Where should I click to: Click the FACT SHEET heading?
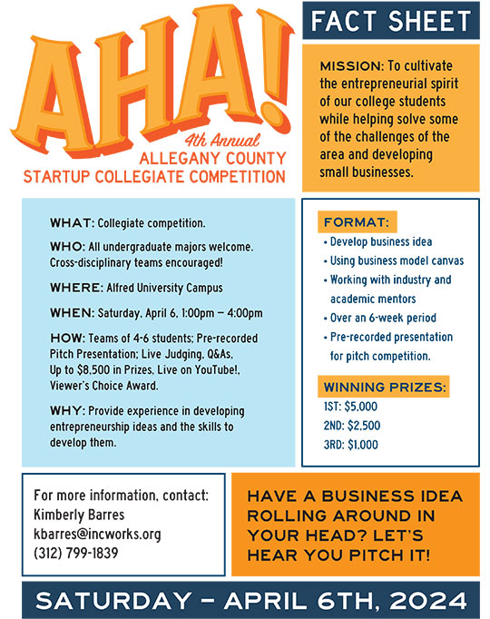click(x=390, y=21)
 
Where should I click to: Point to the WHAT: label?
click(x=69, y=222)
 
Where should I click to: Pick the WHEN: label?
click(x=72, y=314)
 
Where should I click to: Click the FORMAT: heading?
click(x=357, y=222)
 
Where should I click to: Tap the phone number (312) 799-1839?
click(x=75, y=552)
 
